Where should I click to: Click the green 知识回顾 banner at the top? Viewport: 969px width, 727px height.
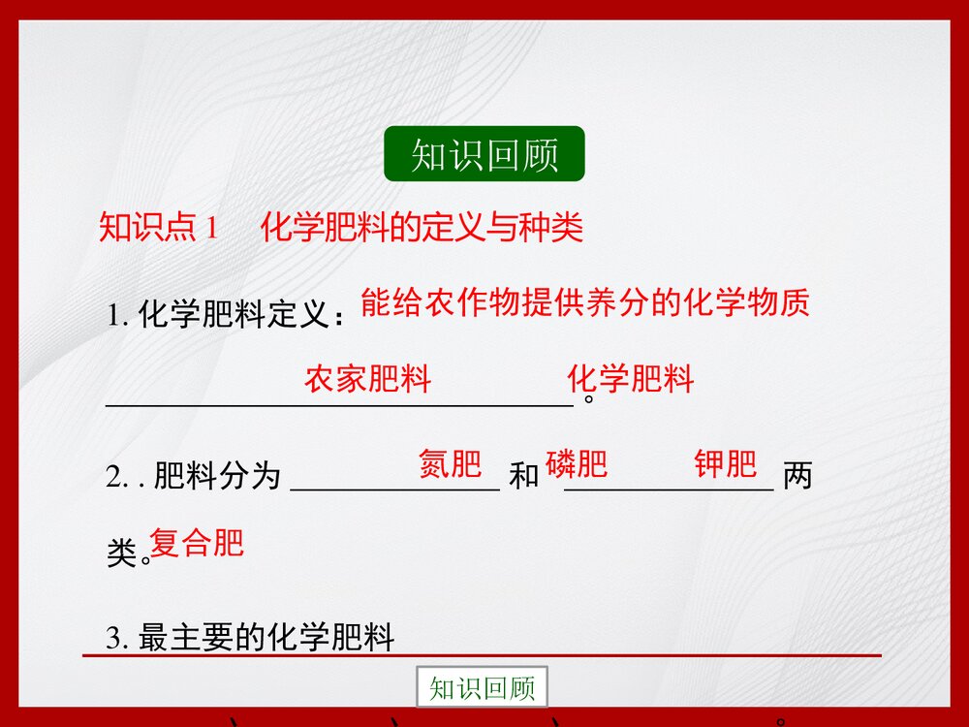(x=484, y=154)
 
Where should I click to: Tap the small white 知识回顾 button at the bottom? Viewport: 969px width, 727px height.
(x=482, y=688)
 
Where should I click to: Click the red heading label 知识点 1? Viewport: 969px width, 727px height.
(x=161, y=229)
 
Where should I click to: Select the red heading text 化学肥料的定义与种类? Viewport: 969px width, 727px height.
(x=422, y=229)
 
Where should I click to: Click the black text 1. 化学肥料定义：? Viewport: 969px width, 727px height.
(x=227, y=316)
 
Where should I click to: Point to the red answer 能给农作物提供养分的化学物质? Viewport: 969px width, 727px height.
(x=584, y=303)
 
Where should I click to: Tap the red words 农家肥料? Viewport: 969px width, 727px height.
(x=367, y=379)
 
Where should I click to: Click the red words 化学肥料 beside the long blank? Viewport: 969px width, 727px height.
(x=631, y=379)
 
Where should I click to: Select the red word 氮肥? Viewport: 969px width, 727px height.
(x=450, y=464)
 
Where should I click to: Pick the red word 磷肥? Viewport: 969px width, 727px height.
(x=577, y=464)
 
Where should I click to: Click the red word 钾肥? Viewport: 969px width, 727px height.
(x=725, y=464)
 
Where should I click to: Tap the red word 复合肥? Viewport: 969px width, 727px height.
(x=197, y=543)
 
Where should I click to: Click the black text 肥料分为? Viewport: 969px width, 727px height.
(x=216, y=477)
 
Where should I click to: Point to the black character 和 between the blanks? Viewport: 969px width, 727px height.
(x=523, y=477)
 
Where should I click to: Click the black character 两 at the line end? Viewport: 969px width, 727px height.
(x=797, y=477)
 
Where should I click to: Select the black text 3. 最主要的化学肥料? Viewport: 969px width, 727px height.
(x=251, y=639)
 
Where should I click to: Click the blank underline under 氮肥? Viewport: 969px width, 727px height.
(x=394, y=490)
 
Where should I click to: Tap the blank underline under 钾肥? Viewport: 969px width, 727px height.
(x=669, y=490)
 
